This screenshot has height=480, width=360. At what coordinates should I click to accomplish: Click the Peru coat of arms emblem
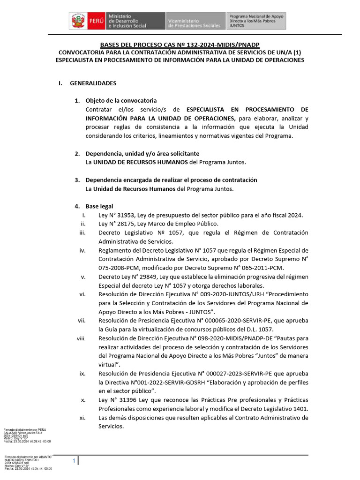click(76, 22)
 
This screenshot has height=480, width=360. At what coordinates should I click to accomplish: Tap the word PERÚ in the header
click(95, 22)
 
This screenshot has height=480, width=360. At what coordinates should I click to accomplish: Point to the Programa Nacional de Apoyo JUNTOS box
click(256, 22)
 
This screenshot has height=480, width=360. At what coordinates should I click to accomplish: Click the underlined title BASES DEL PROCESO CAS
click(180, 45)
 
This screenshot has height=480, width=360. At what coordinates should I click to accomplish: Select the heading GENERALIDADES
click(93, 83)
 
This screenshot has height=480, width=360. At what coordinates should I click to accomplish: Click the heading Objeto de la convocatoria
click(121, 101)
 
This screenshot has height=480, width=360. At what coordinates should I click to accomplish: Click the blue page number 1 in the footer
click(74, 462)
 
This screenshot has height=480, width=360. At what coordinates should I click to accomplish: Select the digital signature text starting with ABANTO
click(28, 463)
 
